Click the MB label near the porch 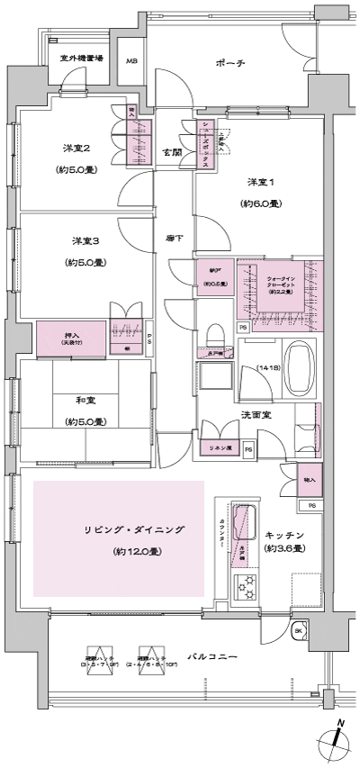(x=131, y=61)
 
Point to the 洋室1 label (x=261, y=184)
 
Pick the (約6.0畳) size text (x=261, y=203)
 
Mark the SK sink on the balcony (x=298, y=631)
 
